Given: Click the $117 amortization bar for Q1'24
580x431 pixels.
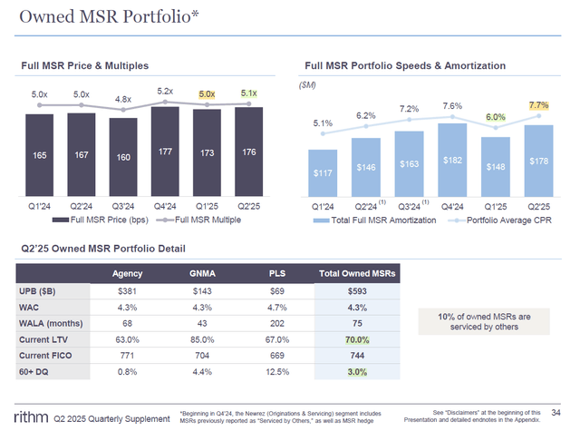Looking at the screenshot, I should (x=323, y=171).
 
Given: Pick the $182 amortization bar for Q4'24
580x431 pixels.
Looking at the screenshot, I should (x=452, y=159).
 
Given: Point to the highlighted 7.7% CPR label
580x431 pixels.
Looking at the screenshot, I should (x=539, y=106).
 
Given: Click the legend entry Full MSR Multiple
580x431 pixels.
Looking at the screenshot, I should (x=203, y=220).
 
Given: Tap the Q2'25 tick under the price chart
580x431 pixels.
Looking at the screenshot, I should (x=249, y=206).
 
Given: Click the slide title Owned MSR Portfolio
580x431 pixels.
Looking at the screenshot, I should (x=110, y=17).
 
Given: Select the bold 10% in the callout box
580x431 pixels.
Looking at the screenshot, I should (x=444, y=316).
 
